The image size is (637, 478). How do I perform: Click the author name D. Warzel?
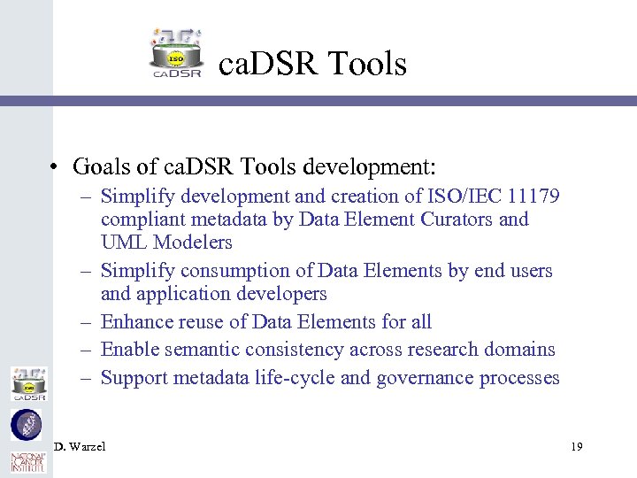(x=80, y=447)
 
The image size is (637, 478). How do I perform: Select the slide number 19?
(x=576, y=447)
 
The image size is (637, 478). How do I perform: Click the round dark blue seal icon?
(x=26, y=424)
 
